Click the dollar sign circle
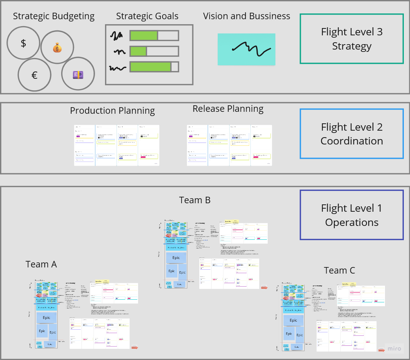(23, 43)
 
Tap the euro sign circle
(34, 75)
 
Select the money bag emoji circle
(57, 48)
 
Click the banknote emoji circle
(78, 74)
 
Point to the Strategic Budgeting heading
(54, 16)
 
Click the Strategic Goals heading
(147, 16)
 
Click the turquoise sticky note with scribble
(247, 49)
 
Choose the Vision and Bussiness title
(247, 16)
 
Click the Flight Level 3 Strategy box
(352, 39)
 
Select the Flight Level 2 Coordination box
(352, 134)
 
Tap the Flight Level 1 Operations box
(352, 215)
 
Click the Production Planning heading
(112, 111)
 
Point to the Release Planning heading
(228, 109)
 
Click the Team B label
(195, 200)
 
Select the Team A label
(41, 264)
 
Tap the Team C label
(339, 270)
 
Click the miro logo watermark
(393, 348)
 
